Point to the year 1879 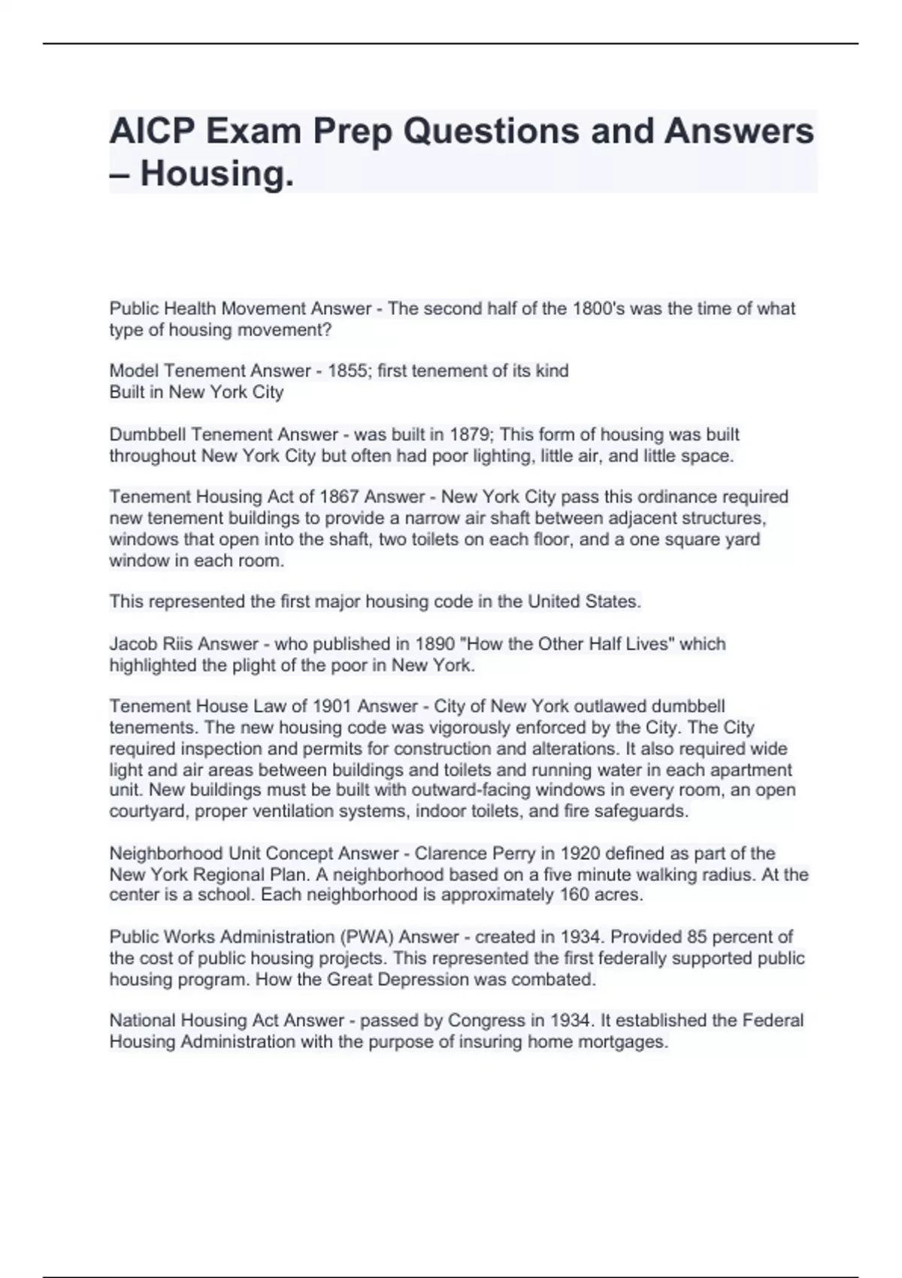[469, 435]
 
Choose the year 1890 [435, 644]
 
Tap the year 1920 [580, 854]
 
